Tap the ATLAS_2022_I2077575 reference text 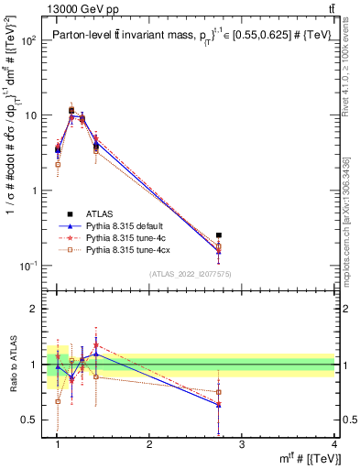pos(190,274)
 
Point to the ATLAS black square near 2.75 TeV pos(218,235)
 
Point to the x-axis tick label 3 pos(241,444)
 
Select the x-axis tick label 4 pos(333,444)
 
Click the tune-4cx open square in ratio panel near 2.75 pos(218,391)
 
